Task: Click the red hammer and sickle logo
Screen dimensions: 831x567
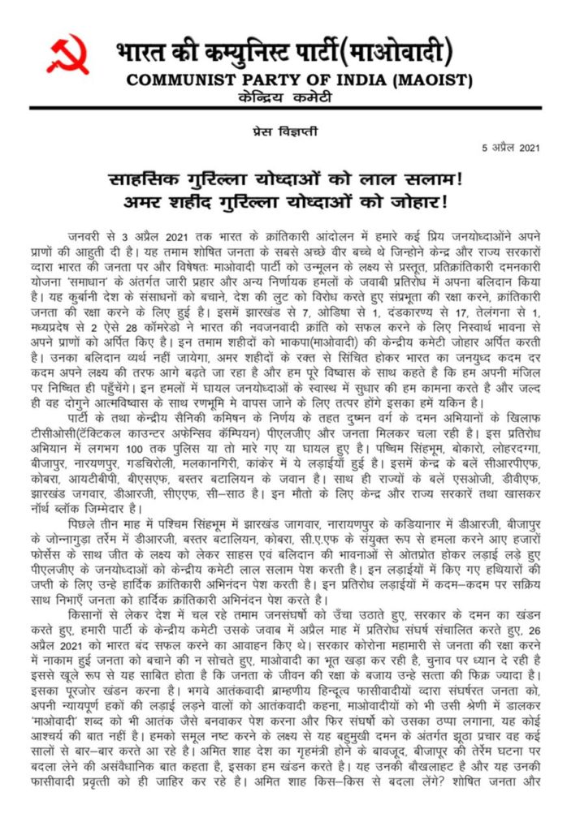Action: click(x=67, y=54)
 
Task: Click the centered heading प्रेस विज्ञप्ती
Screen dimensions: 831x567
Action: click(x=283, y=129)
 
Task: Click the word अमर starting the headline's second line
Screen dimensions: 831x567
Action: click(x=131, y=198)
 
